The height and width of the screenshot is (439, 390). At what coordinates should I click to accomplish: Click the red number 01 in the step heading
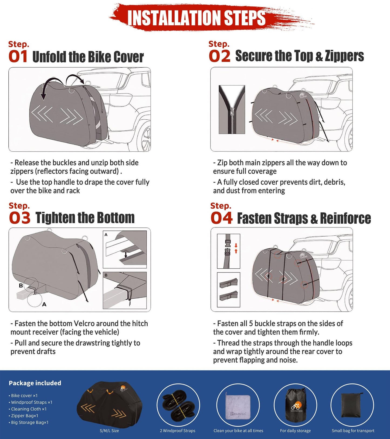pos(18,57)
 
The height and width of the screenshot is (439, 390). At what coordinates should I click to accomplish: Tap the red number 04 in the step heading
pos(221,218)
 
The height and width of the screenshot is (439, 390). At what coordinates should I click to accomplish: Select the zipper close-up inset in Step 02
pos(232,109)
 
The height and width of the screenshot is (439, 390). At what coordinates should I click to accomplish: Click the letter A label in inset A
pos(106,235)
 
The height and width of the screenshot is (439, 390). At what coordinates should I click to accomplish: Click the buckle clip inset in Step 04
pos(228,251)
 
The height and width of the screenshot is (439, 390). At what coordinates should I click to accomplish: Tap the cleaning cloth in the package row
pos(238,406)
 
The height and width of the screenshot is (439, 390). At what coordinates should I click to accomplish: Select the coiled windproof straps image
pos(178,405)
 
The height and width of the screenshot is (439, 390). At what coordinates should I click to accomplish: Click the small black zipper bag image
pos(352,405)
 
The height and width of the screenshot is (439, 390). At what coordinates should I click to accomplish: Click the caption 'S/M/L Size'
pos(109,431)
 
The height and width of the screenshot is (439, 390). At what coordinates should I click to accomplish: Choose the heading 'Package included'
pos(35,383)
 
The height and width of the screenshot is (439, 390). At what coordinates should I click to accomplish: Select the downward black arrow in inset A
pos(125,254)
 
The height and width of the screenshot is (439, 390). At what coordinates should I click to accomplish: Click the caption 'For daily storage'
pos(295,431)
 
